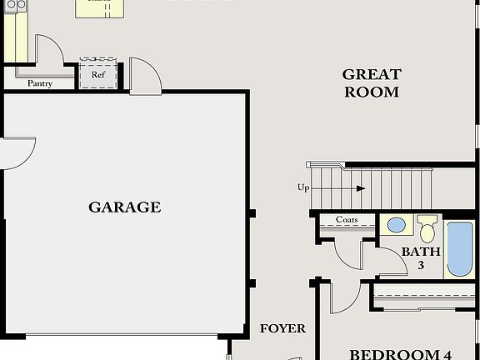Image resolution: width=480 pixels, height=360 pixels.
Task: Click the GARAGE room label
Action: click(x=125, y=207)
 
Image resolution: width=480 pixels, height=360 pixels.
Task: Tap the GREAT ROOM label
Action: click(x=372, y=83)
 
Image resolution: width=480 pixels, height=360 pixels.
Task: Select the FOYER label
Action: click(x=282, y=328)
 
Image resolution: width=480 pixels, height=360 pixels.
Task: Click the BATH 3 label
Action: click(x=421, y=257)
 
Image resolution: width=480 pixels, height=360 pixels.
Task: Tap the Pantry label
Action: click(x=41, y=83)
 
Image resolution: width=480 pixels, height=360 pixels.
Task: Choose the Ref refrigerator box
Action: click(x=98, y=72)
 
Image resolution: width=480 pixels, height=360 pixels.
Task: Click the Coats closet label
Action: click(x=347, y=220)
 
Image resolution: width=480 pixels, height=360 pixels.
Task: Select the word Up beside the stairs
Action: click(x=303, y=188)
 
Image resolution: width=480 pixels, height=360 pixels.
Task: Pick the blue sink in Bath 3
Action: click(x=397, y=225)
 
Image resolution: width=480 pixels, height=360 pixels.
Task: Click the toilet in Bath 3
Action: click(x=427, y=227)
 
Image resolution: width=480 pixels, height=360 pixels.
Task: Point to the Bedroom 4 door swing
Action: click(x=343, y=298)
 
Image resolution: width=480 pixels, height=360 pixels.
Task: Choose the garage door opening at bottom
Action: click(x=125, y=337)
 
